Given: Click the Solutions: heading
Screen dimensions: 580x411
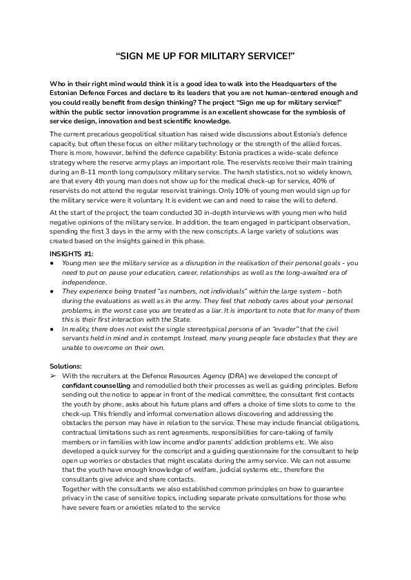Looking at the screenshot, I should pyautogui.click(x=66, y=366).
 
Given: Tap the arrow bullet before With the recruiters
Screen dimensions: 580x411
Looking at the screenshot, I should pyautogui.click(x=54, y=375).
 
